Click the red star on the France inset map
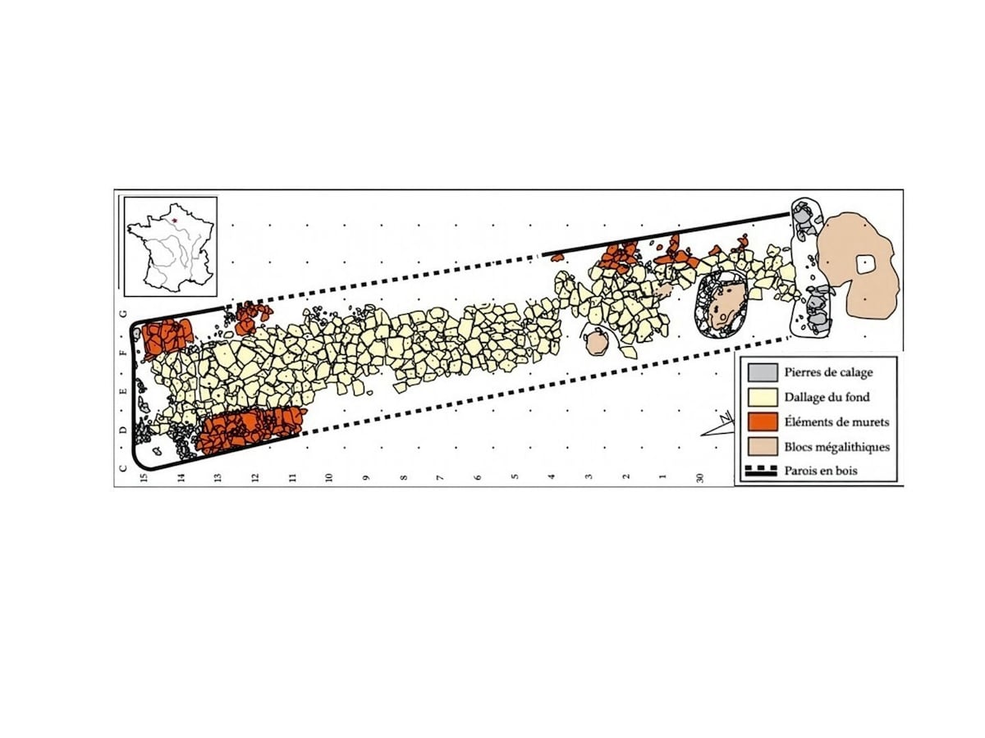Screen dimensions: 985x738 [x=175, y=221]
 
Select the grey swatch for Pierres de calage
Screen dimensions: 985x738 [x=762, y=372]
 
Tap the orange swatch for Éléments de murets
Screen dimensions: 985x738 [x=762, y=421]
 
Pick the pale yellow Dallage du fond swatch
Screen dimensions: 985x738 [x=762, y=397]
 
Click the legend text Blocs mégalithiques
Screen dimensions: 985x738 [x=837, y=447]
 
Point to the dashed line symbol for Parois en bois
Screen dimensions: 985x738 [x=761, y=471]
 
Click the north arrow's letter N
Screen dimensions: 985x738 [x=723, y=418]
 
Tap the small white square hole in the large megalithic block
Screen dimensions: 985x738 [x=864, y=264]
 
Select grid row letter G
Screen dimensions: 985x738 [x=123, y=313]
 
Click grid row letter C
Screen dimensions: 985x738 [x=123, y=468]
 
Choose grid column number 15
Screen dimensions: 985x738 [x=144, y=478]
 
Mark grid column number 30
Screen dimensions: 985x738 [x=700, y=478]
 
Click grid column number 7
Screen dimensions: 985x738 [x=440, y=478]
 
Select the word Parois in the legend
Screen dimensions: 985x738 [x=799, y=471]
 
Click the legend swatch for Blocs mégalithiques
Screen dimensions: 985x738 [x=762, y=447]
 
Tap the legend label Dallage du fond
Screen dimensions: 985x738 [x=827, y=397]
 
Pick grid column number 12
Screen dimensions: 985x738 [x=255, y=478]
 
